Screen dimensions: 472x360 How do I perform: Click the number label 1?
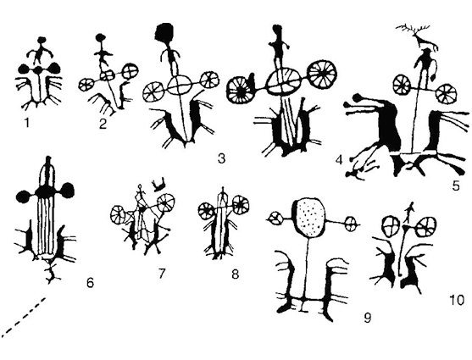(x=27, y=123)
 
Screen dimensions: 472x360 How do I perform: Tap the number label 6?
(x=90, y=283)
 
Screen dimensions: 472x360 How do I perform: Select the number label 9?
(x=368, y=318)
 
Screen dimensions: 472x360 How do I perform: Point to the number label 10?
(x=458, y=300)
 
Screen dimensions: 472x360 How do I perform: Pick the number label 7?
(x=162, y=274)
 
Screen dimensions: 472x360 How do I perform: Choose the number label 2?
(x=103, y=124)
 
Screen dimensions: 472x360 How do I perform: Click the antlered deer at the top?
(x=417, y=36)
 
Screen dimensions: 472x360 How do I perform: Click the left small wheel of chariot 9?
(x=275, y=219)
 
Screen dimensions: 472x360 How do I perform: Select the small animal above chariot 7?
(x=158, y=186)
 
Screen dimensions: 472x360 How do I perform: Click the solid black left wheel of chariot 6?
(x=24, y=196)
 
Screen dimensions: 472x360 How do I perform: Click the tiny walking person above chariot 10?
(x=408, y=213)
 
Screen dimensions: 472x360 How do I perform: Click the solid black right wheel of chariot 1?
(x=55, y=69)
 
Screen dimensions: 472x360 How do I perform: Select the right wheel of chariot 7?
(x=165, y=202)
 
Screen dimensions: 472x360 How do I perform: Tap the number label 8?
(x=235, y=274)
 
